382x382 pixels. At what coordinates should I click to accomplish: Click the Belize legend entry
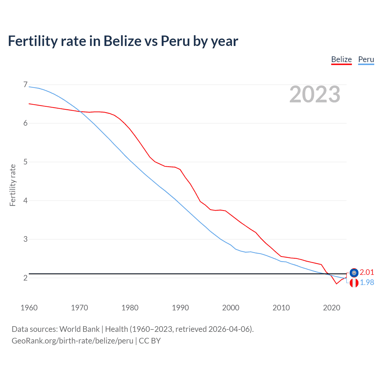(x=341, y=59)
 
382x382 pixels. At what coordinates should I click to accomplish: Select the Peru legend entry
(x=366, y=59)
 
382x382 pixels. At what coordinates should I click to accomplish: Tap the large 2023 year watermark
(x=315, y=94)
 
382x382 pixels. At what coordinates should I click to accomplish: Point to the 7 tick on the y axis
(x=25, y=85)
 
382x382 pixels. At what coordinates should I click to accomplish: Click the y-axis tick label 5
(x=25, y=162)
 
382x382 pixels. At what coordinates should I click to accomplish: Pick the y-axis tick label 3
(x=25, y=239)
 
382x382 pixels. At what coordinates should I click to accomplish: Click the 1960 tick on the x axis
(x=29, y=308)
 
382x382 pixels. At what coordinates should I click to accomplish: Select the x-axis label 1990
(x=180, y=308)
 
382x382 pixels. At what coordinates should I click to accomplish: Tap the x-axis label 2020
(x=332, y=308)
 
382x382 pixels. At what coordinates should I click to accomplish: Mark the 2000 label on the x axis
(x=231, y=308)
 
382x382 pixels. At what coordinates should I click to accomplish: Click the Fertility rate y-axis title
(x=13, y=185)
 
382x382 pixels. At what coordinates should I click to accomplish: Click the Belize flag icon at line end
(x=354, y=272)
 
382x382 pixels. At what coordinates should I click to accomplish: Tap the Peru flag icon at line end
(x=354, y=283)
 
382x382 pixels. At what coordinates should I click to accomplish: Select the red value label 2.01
(x=367, y=272)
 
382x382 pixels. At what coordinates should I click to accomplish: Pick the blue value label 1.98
(x=367, y=282)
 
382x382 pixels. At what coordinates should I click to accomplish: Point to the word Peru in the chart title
(x=175, y=41)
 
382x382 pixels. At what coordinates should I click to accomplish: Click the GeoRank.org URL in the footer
(x=72, y=341)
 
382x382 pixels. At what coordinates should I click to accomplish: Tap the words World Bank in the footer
(x=79, y=329)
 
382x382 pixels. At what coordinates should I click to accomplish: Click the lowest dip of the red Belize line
(x=337, y=284)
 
